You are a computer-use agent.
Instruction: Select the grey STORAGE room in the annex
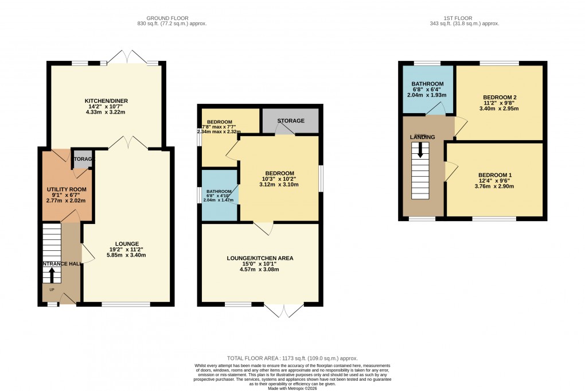(290, 121)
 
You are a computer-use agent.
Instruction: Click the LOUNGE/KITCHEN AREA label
(260, 258)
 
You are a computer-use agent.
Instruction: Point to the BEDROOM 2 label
(500, 97)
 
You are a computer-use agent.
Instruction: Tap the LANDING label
(422, 137)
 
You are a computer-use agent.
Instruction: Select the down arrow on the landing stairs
(421, 150)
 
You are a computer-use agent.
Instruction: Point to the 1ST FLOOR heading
(464, 18)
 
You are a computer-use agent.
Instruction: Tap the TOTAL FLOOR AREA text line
(292, 357)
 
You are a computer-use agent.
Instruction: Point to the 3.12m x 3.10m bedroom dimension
(280, 185)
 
